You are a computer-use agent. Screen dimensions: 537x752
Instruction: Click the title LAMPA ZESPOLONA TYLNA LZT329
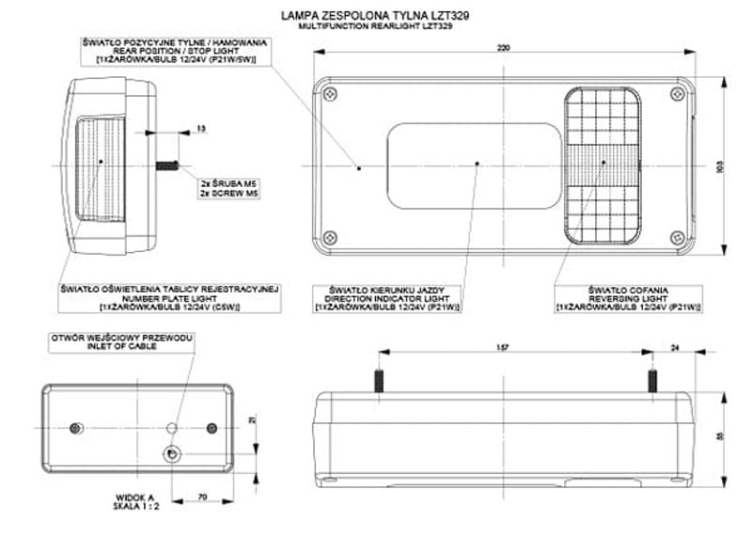[x=375, y=16]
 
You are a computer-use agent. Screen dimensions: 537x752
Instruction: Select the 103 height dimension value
[x=719, y=166]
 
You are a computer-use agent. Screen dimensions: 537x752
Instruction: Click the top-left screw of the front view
[x=328, y=95]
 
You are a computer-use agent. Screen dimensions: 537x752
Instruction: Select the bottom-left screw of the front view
[x=328, y=236]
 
